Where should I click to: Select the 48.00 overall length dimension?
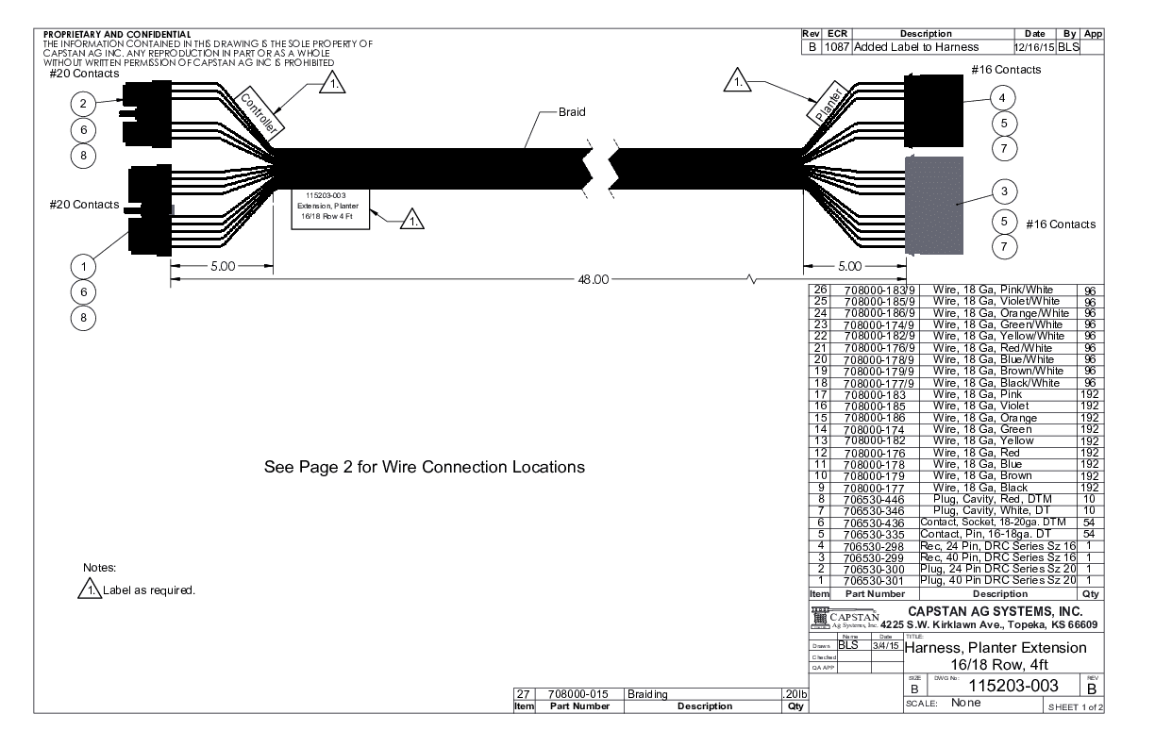click(x=593, y=279)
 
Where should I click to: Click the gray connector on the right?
click(x=934, y=206)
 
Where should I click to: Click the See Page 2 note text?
click(x=425, y=467)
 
